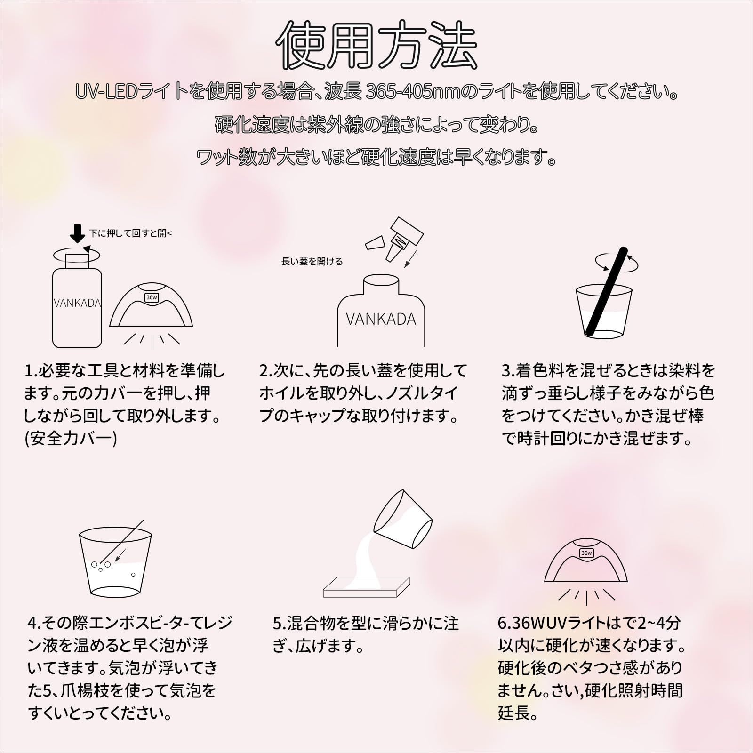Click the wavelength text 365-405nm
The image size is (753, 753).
coord(411,93)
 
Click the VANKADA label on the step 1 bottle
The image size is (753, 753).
coord(77,303)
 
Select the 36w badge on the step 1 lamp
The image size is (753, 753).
coord(152,297)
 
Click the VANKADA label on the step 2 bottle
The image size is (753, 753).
coord(381,320)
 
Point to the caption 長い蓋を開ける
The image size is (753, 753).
coord(312,262)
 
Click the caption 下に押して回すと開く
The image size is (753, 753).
coord(131,233)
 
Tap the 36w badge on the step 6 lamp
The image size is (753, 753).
coord(586,553)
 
